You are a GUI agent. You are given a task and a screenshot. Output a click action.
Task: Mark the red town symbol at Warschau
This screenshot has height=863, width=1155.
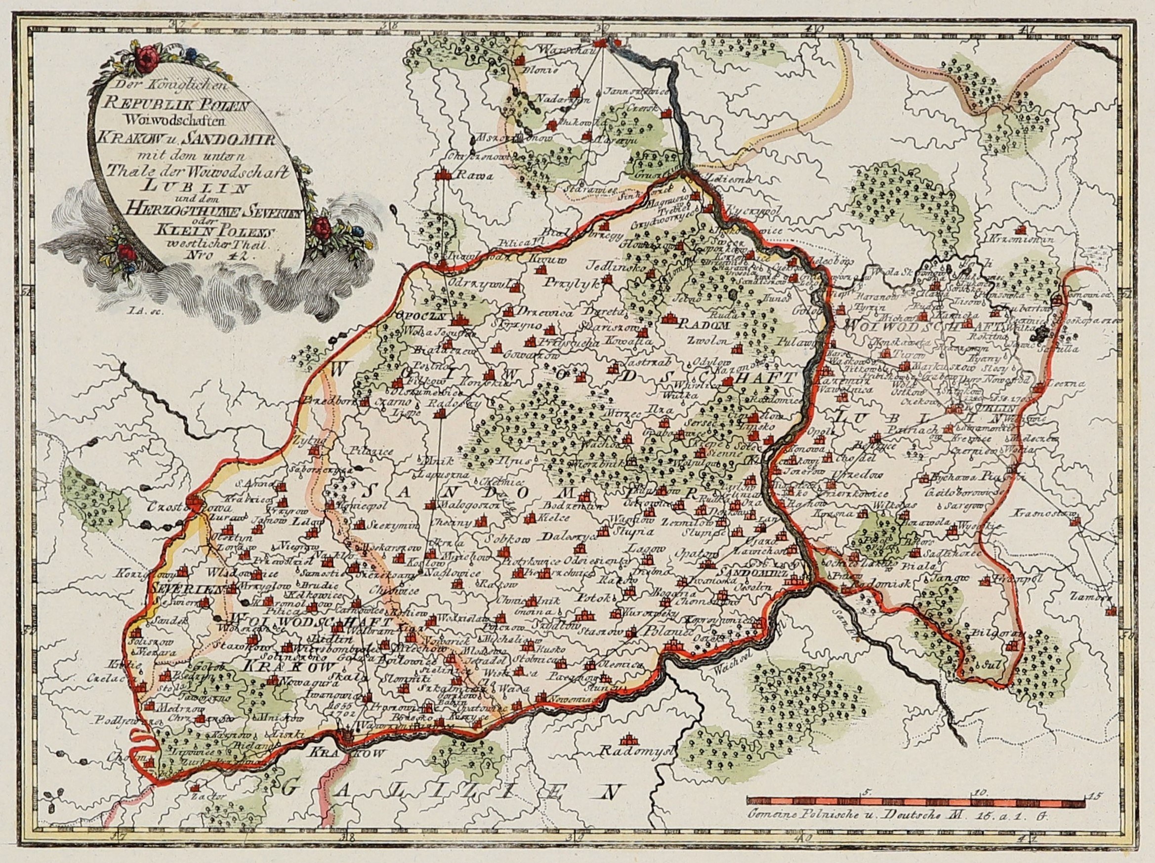[x=603, y=42]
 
